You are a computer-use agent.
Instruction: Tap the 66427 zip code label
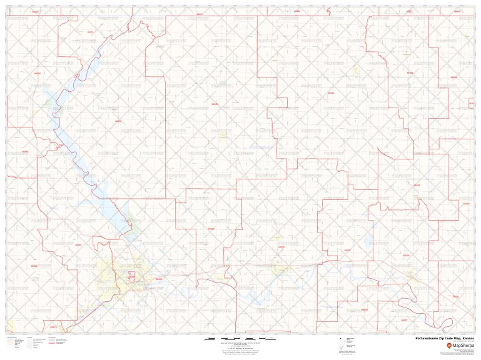point(200,12)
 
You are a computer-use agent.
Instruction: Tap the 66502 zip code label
point(159,279)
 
